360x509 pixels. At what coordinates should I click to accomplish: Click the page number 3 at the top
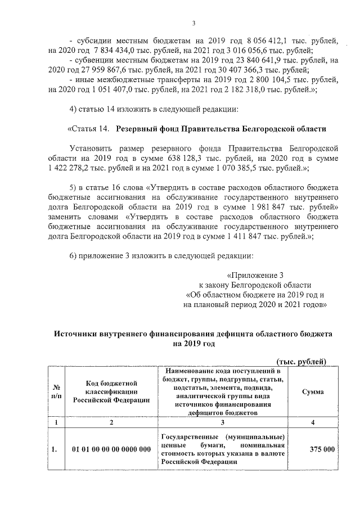pos(193,23)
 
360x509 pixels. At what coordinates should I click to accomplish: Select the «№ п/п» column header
pos(56,391)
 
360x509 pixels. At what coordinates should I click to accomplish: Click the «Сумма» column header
pos(312,391)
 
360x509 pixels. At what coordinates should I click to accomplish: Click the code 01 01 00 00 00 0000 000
pos(111,449)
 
